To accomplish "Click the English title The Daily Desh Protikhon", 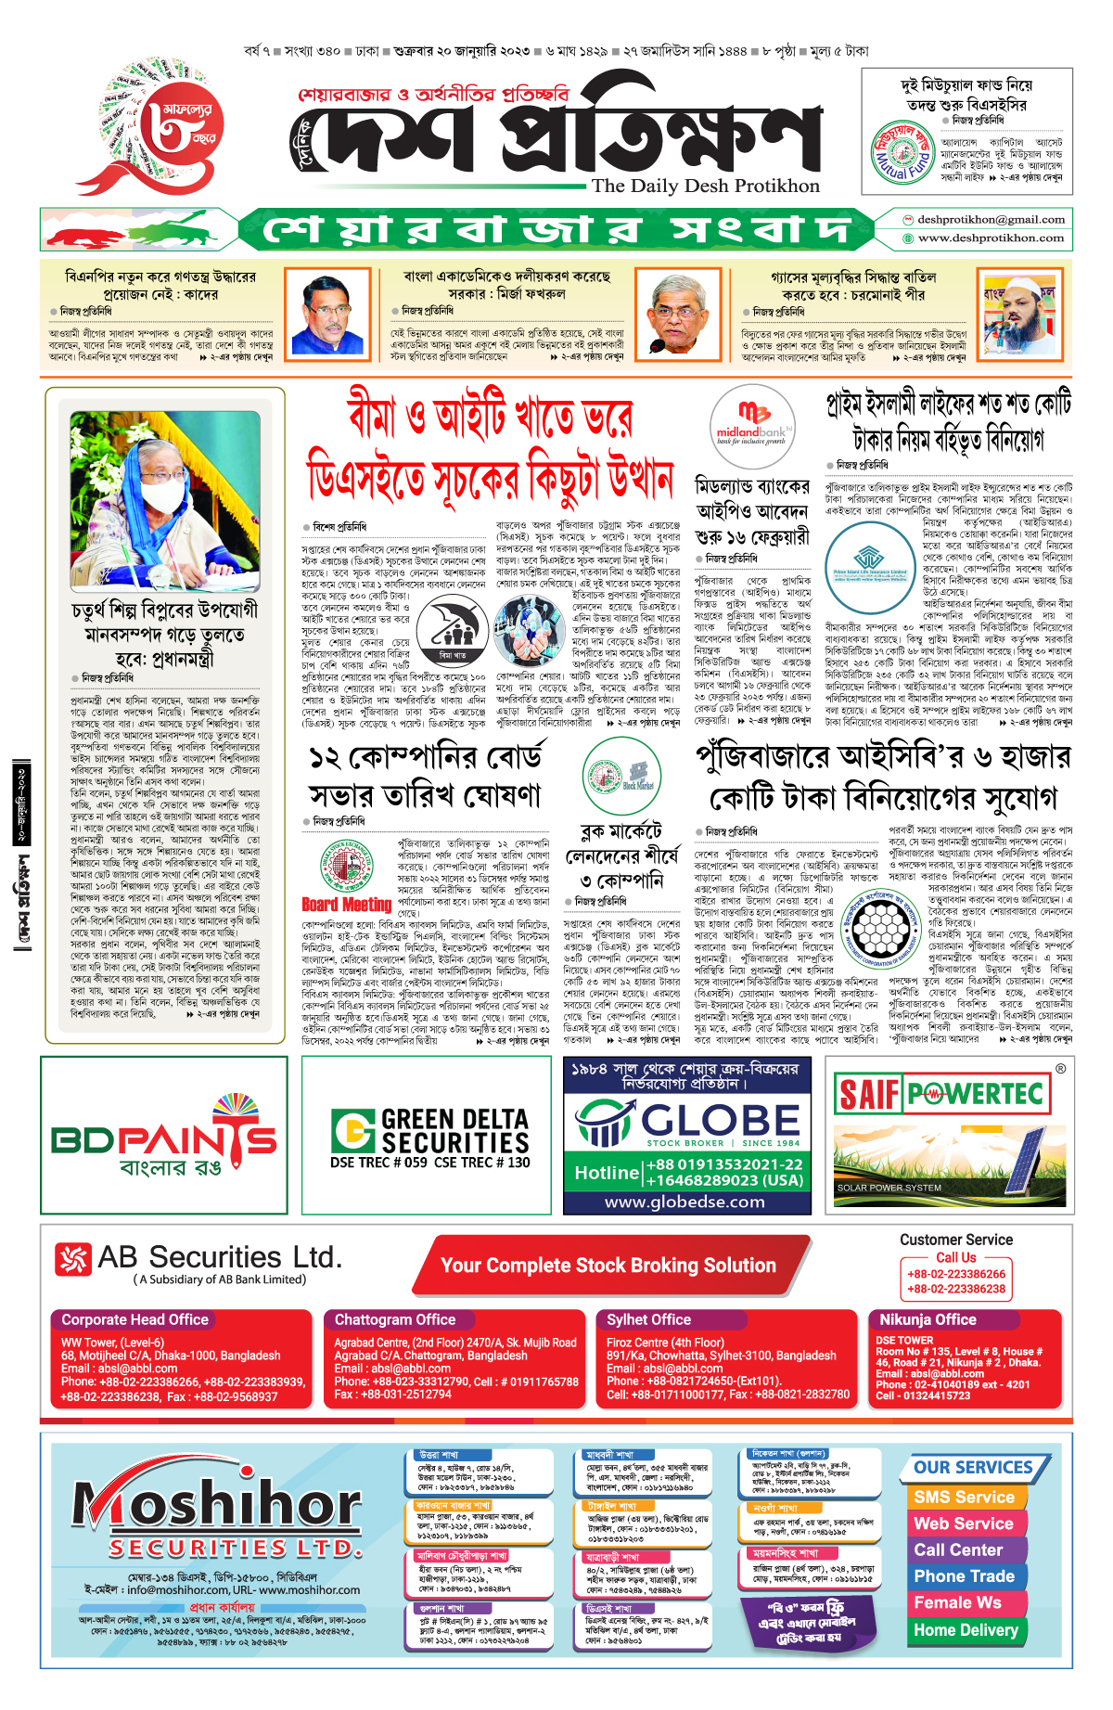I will click(x=706, y=186).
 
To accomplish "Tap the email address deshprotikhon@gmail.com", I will click(x=991, y=220).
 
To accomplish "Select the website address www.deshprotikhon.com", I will click(x=991, y=238).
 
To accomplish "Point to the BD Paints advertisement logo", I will click(x=163, y=1138).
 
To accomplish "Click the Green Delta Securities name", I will click(x=454, y=1131).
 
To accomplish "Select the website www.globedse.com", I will click(x=685, y=1202).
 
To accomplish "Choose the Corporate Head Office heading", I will click(x=134, y=1319).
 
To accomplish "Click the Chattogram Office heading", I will click(x=395, y=1319).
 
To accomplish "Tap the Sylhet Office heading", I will click(x=648, y=1319).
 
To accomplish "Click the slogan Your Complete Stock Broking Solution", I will click(x=608, y=1266).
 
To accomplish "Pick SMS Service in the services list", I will click(x=964, y=1497).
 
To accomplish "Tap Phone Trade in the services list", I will click(x=964, y=1576).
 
